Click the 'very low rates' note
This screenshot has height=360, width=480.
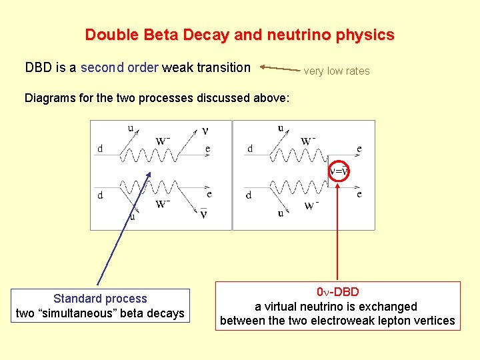point(337,71)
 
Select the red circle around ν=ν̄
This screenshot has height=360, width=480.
point(339,171)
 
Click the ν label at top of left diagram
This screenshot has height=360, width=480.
point(205,131)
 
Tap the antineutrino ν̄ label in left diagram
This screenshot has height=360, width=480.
point(203,213)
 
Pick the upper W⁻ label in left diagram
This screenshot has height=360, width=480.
point(163,140)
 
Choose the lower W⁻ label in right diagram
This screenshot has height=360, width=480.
point(311,206)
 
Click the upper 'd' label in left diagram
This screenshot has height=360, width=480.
point(100,149)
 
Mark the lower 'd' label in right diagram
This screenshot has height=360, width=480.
point(249,195)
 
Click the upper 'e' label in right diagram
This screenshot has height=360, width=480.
point(359,149)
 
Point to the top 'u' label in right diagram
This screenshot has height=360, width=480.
point(280,128)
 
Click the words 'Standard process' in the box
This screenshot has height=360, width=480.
point(100,299)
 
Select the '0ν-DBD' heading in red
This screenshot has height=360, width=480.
point(337,292)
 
